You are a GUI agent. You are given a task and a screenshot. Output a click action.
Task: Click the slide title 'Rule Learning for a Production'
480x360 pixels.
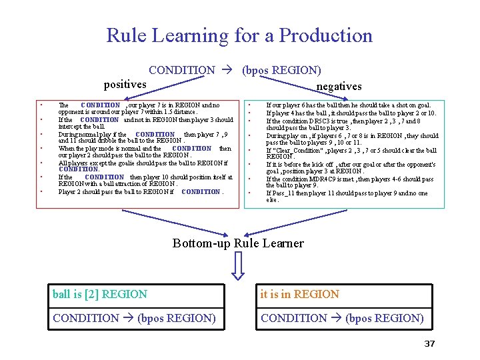(239, 35)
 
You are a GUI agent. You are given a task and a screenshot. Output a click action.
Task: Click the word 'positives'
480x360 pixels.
(125, 84)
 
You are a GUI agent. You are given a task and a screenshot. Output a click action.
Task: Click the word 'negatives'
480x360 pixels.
(339, 86)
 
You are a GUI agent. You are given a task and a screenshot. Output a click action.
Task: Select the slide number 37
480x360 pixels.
(429, 343)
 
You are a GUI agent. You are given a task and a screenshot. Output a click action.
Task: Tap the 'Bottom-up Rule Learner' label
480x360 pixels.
(238, 243)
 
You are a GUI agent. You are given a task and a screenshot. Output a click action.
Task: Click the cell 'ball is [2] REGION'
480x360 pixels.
(100, 294)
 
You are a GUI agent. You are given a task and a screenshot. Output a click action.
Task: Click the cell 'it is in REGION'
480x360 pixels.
(300, 294)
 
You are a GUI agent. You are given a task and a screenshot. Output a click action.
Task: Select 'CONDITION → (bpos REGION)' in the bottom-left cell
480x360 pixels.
(134, 318)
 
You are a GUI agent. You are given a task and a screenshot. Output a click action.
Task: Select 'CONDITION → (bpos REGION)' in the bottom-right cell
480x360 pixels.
(342, 318)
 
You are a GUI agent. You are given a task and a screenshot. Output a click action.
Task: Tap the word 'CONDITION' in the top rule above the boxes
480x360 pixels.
(182, 70)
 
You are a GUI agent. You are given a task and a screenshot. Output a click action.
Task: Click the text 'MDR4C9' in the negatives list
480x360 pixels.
(319, 179)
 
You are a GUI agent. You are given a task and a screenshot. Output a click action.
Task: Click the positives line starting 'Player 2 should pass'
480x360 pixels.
(141, 192)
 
